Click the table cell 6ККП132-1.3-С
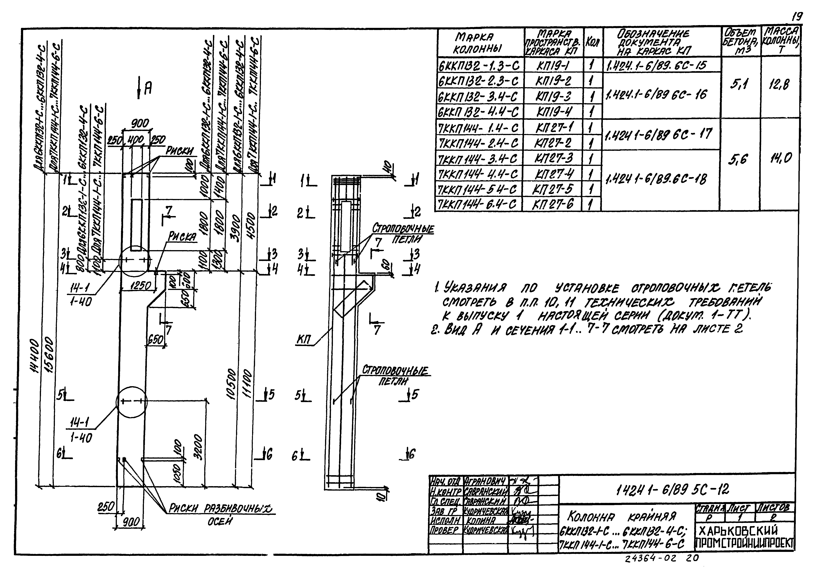(x=480, y=66)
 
